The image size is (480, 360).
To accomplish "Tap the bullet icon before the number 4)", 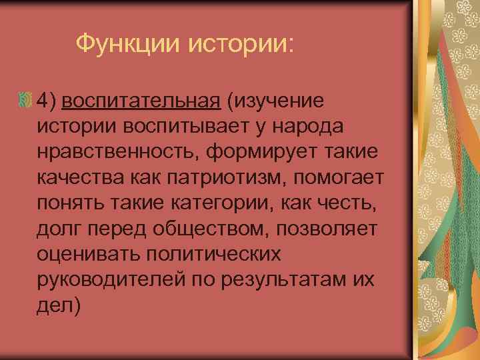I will pos(25,101).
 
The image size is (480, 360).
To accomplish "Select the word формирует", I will pos(259,152).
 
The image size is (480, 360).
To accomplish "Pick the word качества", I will pos(77,177).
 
